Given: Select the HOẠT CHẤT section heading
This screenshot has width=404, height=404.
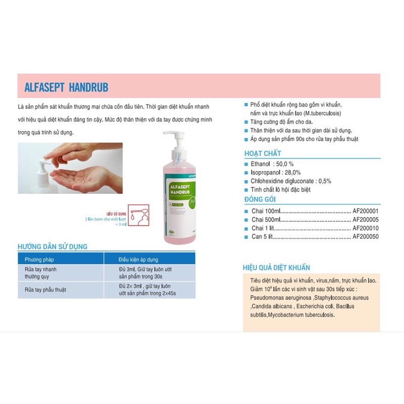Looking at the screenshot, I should coord(263,153).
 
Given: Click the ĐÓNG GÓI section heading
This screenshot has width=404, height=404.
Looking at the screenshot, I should coord(260,199).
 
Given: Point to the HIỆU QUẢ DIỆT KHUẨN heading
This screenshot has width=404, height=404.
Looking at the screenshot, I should coord(277,267).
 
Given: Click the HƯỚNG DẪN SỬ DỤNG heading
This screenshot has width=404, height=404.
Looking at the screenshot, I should coord(53,246).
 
